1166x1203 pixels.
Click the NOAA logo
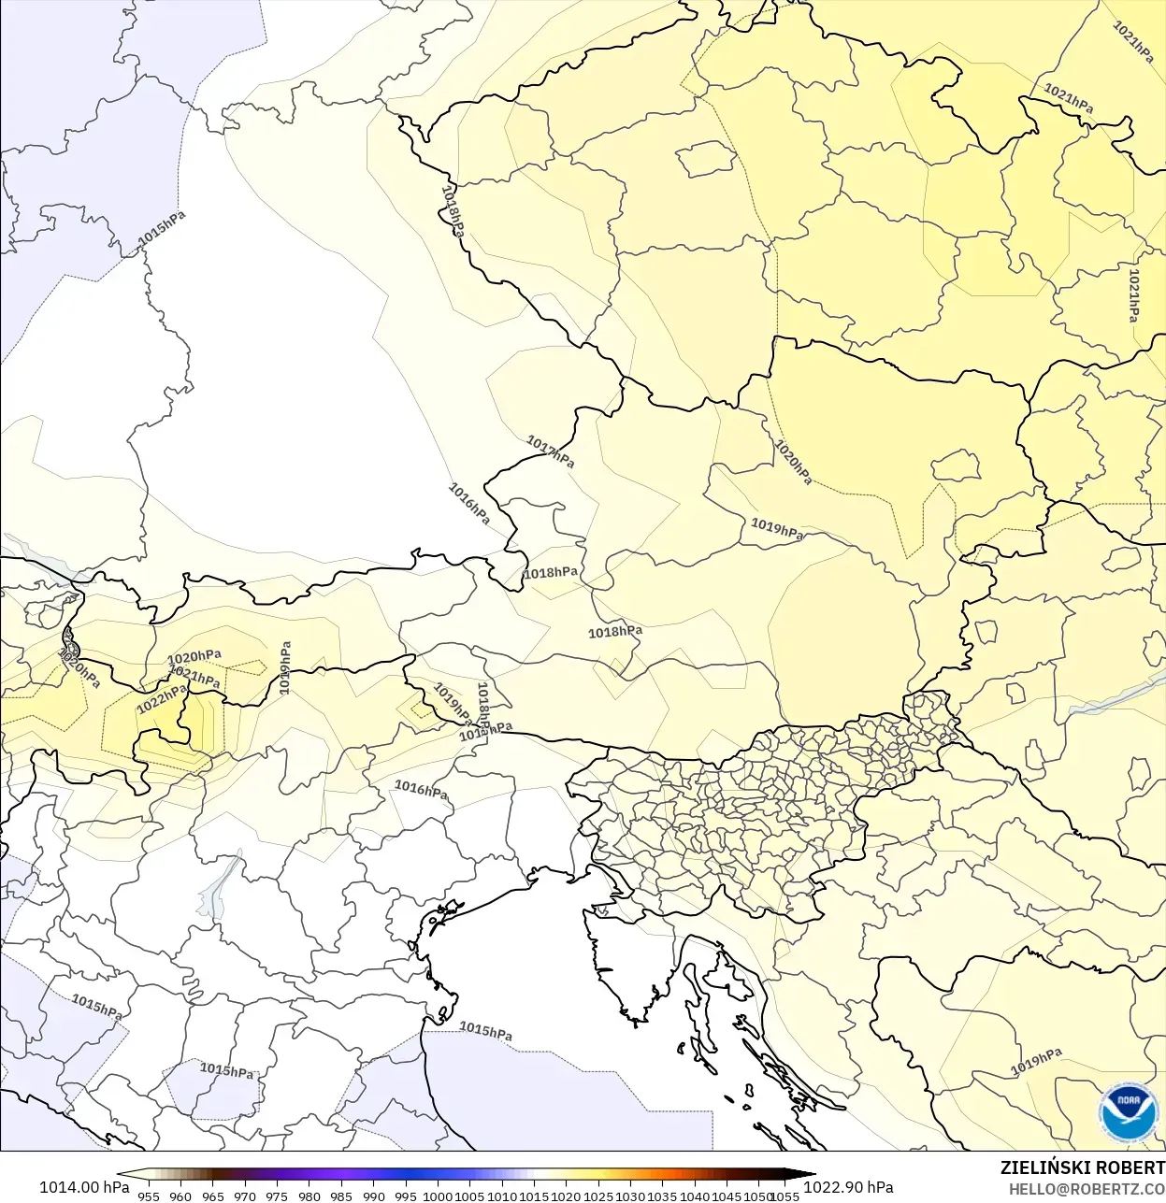(1129, 1112)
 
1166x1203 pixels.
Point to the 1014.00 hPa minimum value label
(84, 1187)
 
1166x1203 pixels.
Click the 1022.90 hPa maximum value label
(848, 1187)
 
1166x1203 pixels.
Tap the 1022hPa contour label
(162, 699)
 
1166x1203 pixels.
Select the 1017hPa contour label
(551, 451)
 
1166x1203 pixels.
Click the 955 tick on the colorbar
(149, 1196)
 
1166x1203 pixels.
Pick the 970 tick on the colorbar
(245, 1196)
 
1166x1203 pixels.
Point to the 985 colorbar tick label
(341, 1196)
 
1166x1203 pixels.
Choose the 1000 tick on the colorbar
(438, 1196)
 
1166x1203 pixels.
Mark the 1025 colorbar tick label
(598, 1196)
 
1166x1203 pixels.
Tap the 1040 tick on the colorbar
(695, 1196)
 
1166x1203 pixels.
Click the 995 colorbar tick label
(405, 1196)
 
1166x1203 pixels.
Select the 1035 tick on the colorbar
(662, 1196)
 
